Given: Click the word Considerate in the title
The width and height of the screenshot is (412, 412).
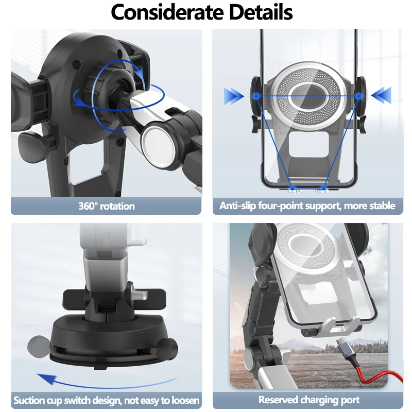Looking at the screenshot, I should [164, 12].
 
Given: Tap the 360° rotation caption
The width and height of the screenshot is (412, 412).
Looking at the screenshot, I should [107, 206].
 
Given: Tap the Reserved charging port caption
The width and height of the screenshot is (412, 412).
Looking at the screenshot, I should [309, 400].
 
